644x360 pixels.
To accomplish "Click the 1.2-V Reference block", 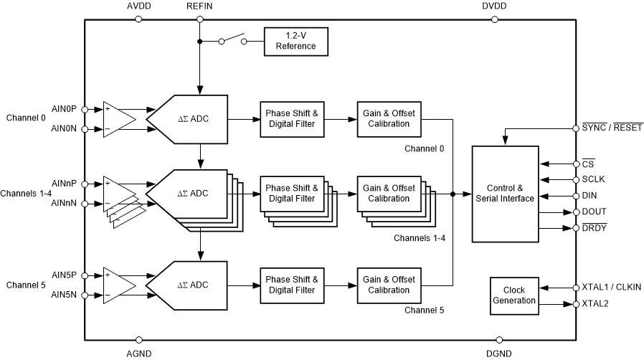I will click(297, 41).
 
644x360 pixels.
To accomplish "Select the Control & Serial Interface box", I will click(505, 194).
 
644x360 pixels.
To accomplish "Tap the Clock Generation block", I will click(514, 295).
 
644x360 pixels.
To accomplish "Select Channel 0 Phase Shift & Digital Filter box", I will click(290, 118).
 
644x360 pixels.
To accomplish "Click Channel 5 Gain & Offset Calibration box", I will click(387, 285).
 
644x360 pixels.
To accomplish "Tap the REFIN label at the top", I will click(199, 6).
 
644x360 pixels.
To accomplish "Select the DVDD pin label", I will click(495, 6).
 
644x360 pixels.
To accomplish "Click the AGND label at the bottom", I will click(138, 354).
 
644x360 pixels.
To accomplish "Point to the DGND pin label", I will click(498, 354).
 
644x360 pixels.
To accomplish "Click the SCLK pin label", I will click(594, 179).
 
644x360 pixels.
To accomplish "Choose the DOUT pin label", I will click(594, 212).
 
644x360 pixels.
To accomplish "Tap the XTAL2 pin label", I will click(595, 304).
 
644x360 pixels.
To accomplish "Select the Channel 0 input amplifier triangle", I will click(118, 118).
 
